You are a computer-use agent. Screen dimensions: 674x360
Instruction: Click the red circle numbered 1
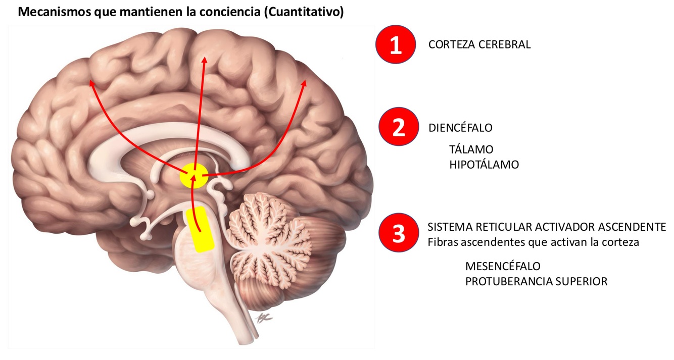tap(395, 44)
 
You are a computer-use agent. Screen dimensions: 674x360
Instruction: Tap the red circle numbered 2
tap(399, 127)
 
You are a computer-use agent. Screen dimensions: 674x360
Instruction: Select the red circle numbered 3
tap(399, 234)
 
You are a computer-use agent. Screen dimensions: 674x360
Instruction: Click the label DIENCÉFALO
tap(460, 128)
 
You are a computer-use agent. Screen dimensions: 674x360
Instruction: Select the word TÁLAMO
tap(471, 149)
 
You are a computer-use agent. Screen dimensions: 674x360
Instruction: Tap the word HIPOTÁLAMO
tap(484, 165)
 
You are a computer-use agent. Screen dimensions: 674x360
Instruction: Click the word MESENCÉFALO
tap(503, 266)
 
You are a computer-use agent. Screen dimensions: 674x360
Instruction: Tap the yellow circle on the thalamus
tap(194, 176)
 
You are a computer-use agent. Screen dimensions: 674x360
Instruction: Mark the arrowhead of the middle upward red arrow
tap(204, 60)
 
